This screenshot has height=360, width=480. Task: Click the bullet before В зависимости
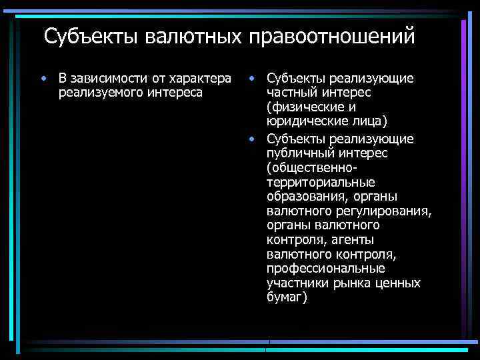(43, 79)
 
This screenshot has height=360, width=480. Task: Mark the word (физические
(304, 107)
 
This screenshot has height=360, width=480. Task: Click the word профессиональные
(325, 269)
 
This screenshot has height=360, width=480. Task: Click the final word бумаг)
(287, 298)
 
